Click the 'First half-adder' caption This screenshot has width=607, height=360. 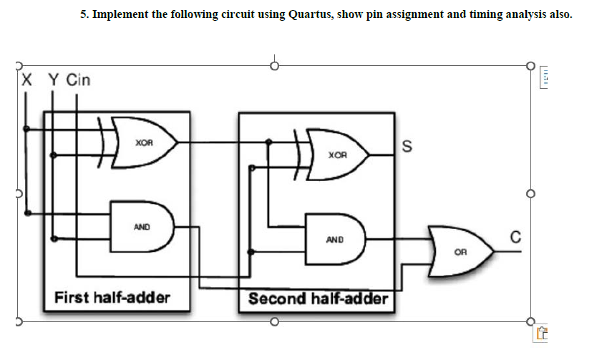tap(112, 297)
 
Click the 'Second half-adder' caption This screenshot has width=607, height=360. tap(318, 298)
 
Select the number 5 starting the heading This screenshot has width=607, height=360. tap(82, 14)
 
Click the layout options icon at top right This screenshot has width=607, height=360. tap(545, 76)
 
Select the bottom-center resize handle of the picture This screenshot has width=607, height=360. tap(273, 321)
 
